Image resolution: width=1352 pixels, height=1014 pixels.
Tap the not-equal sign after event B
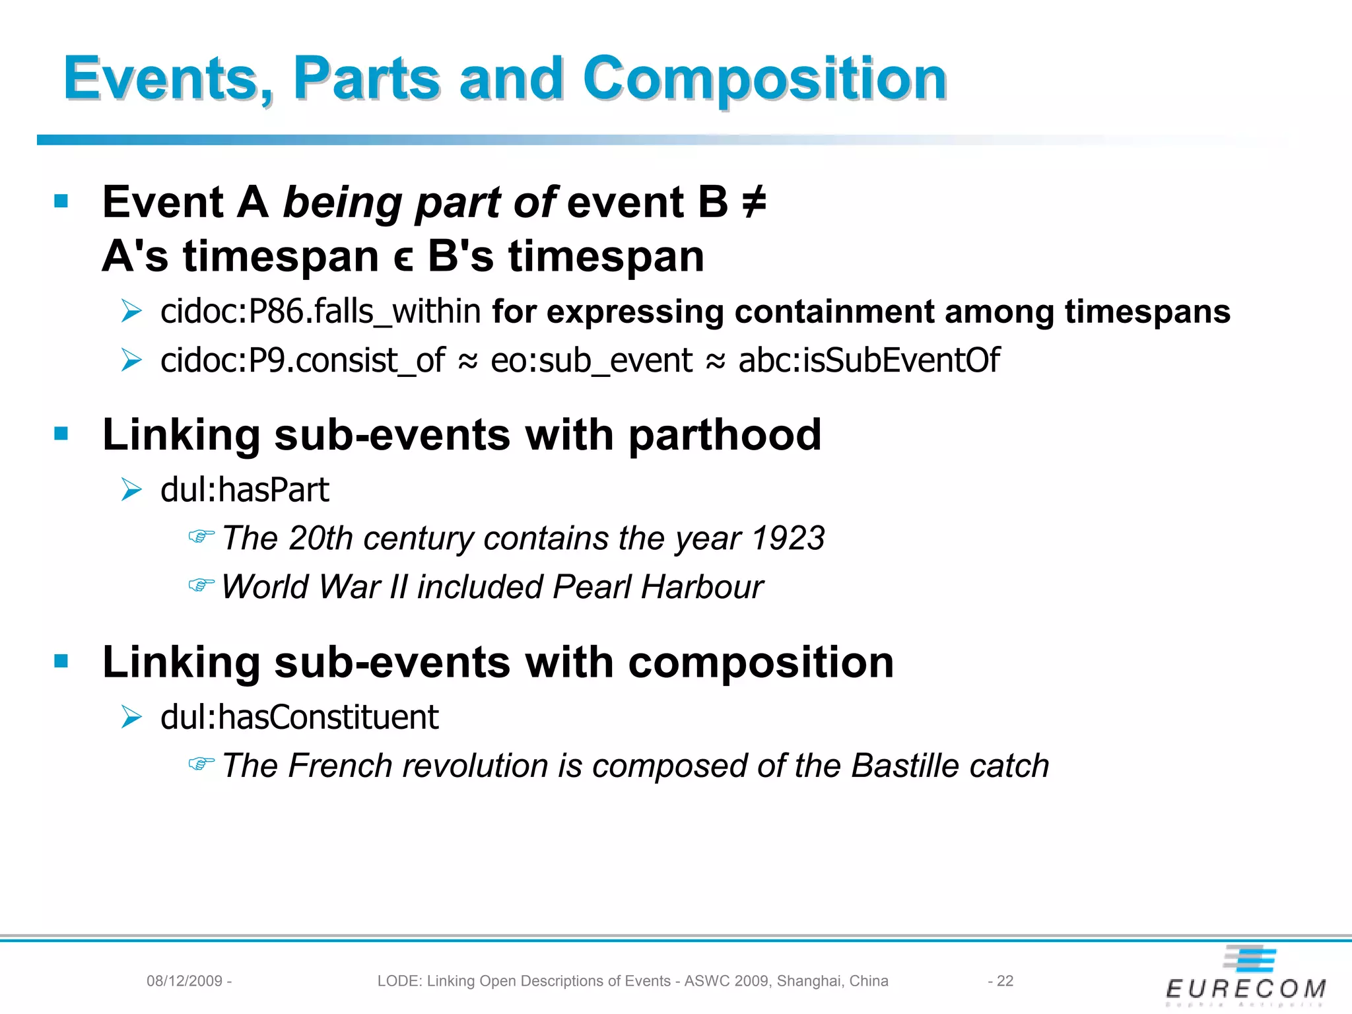point(754,202)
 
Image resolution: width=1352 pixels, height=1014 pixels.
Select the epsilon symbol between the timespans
point(403,258)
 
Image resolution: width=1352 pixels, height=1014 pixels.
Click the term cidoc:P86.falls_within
point(321,311)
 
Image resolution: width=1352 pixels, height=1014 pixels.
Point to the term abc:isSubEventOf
point(869,360)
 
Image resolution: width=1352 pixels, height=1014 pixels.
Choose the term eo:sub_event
point(591,360)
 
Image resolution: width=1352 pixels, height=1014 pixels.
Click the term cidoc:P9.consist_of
point(303,360)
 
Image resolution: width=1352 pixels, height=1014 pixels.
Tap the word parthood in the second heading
point(725,436)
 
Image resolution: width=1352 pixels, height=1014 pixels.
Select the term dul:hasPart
point(245,490)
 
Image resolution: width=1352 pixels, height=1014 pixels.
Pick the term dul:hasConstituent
point(300,718)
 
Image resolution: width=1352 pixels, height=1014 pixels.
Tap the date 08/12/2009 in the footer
point(184,981)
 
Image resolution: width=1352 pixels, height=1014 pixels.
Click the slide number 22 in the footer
point(1005,981)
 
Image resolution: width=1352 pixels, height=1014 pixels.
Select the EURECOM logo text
point(1246,988)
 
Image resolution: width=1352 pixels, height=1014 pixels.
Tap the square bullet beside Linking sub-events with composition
point(61,661)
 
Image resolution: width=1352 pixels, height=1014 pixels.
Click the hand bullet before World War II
point(201,586)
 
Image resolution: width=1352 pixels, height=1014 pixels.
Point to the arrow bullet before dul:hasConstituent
point(132,718)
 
